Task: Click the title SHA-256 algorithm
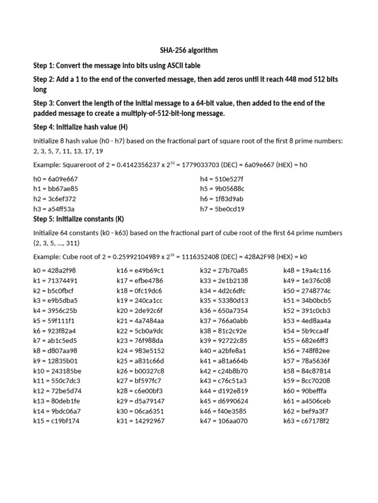189,50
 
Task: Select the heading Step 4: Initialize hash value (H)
80,127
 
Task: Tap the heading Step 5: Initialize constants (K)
78,219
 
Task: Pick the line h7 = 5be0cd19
222,209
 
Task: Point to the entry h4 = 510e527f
222,179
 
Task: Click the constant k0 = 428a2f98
55,270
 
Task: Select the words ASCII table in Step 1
180,65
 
